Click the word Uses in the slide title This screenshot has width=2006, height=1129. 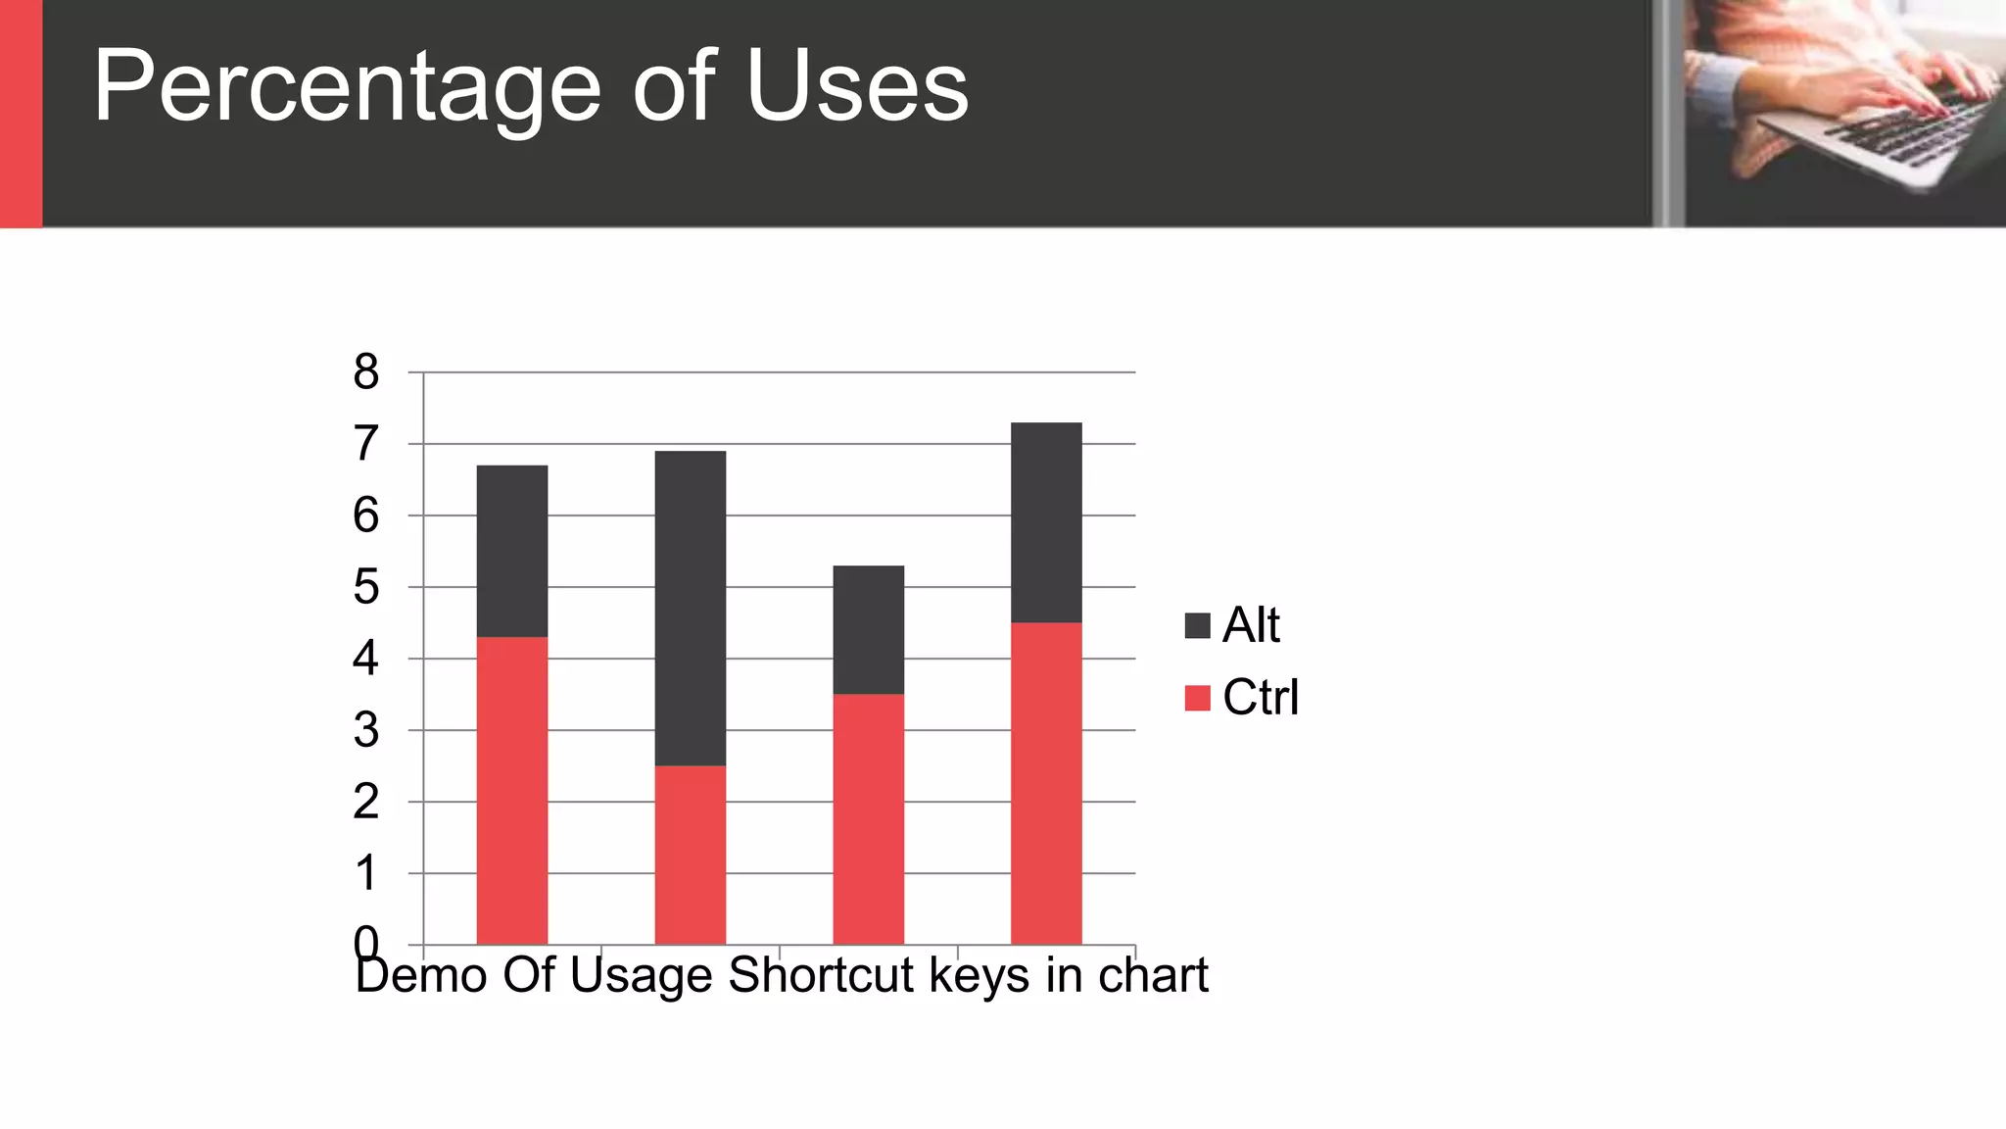(857, 88)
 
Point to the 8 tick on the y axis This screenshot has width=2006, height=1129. (366, 372)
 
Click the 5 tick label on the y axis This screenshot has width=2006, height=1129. (366, 587)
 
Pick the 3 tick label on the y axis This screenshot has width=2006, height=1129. (366, 730)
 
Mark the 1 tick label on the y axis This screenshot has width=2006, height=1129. (366, 873)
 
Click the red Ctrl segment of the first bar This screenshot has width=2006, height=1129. (512, 790)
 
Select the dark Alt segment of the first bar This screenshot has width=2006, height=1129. (512, 551)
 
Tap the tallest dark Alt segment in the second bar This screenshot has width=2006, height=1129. (691, 608)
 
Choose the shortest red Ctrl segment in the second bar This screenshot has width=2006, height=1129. (691, 855)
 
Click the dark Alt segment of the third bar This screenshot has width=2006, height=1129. (869, 629)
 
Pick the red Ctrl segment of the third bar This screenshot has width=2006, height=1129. (869, 819)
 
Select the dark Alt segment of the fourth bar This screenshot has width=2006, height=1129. (1046, 522)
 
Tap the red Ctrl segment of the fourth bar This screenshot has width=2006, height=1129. (1046, 783)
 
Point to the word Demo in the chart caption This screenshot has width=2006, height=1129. (421, 975)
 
